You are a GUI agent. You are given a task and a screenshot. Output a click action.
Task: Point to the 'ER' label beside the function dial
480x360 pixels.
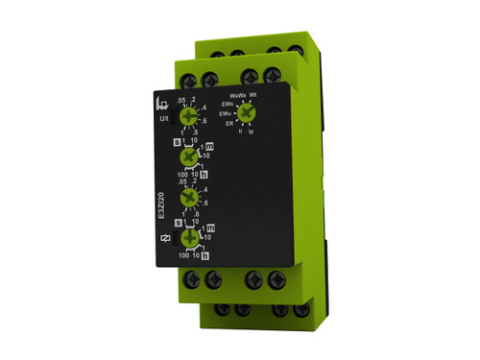[229, 124]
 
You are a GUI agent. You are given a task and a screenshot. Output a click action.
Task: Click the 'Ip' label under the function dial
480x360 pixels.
[252, 131]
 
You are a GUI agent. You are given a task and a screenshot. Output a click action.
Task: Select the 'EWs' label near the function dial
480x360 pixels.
[228, 103]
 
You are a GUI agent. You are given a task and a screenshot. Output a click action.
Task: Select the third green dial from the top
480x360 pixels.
[190, 198]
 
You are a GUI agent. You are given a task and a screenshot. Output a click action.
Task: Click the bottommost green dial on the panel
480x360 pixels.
[190, 238]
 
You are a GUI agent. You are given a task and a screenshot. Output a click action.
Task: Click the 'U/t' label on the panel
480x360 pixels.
[162, 119]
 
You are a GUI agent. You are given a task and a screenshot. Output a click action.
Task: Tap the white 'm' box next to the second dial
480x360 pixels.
[210, 146]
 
